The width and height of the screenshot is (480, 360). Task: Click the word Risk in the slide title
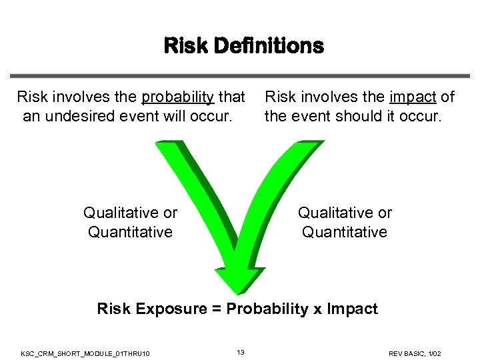pyautogui.click(x=186, y=46)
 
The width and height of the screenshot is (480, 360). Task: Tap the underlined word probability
pyautogui.click(x=177, y=97)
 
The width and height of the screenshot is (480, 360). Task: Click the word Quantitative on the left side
pyautogui.click(x=130, y=232)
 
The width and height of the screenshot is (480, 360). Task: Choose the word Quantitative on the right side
pyautogui.click(x=345, y=232)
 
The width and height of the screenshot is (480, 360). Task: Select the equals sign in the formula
pyautogui.click(x=217, y=309)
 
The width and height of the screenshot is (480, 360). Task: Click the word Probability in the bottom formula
pyautogui.click(x=265, y=309)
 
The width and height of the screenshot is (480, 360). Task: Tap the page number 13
pyautogui.click(x=241, y=351)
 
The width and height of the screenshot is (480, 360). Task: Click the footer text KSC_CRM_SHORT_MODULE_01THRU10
pyautogui.click(x=85, y=352)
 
